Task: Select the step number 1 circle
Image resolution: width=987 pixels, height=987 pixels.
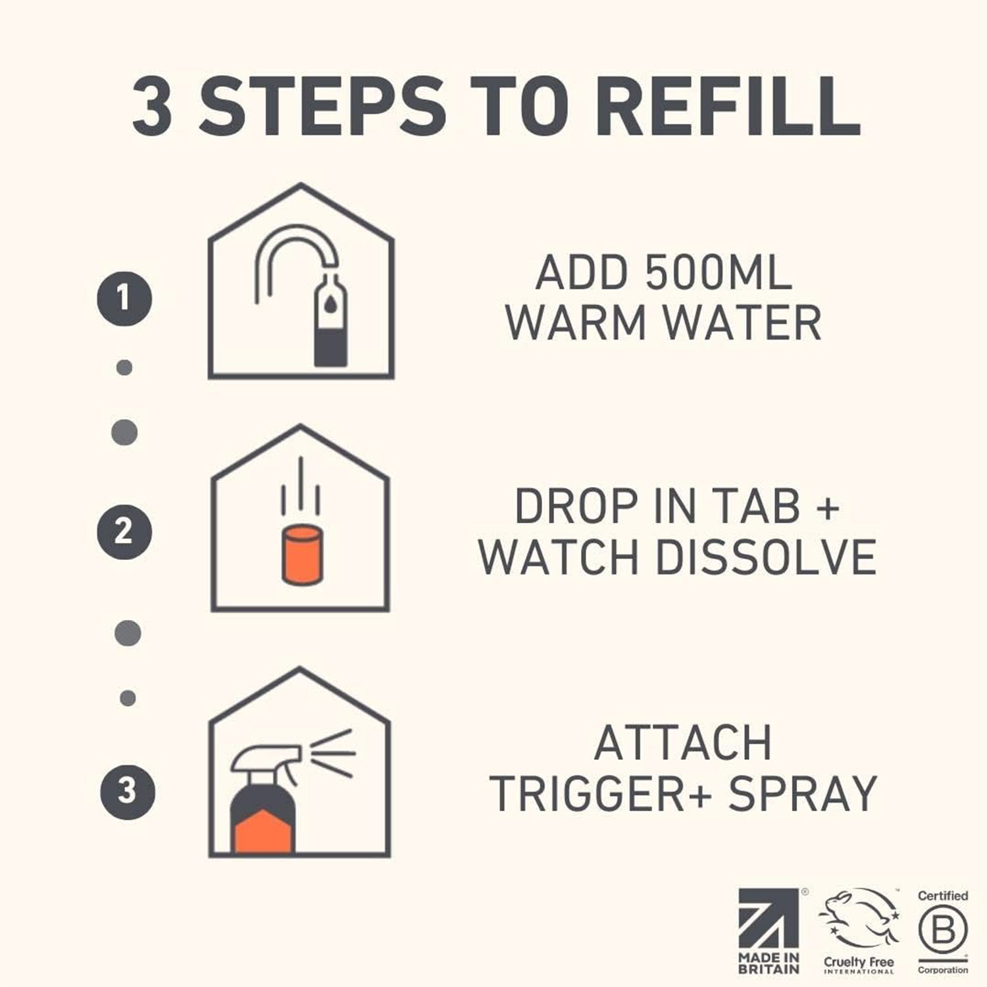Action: (x=124, y=299)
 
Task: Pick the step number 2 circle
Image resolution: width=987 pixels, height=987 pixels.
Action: (x=124, y=532)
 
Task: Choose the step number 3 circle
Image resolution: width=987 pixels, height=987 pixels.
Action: (x=128, y=790)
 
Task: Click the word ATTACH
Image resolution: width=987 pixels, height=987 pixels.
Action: (x=682, y=743)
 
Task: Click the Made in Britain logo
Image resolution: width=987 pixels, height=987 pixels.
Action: (x=769, y=930)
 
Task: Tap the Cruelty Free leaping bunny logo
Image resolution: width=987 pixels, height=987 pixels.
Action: (x=858, y=930)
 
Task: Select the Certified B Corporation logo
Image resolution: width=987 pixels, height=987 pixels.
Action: (x=942, y=930)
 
